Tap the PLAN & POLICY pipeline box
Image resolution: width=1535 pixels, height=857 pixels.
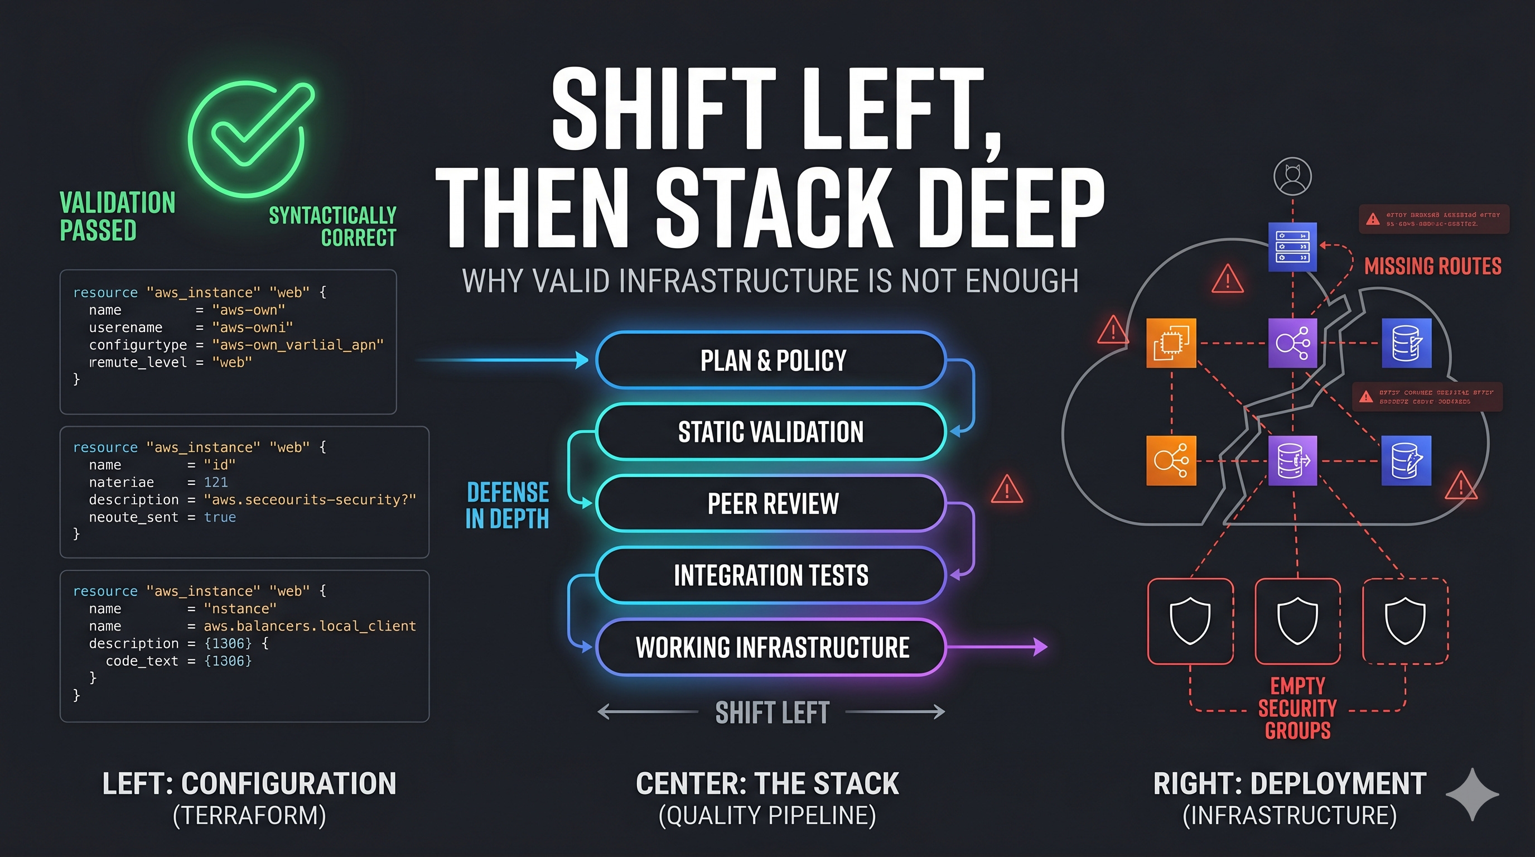pyautogui.click(x=771, y=360)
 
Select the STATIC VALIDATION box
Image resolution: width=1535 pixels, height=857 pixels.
pyautogui.click(x=771, y=432)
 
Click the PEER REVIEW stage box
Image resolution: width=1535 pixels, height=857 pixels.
pyautogui.click(x=771, y=504)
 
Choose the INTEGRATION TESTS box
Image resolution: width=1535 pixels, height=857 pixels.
pyautogui.click(x=771, y=576)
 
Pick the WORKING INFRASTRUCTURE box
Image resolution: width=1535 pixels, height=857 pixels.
pyautogui.click(x=771, y=647)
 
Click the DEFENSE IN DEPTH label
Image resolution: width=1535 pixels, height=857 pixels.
pyautogui.click(x=507, y=505)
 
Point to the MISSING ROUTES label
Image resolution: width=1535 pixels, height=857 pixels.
pyautogui.click(x=1432, y=266)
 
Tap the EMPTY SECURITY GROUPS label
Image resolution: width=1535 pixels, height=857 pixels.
pyautogui.click(x=1297, y=708)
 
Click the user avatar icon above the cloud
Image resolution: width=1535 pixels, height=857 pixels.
pyautogui.click(x=1292, y=176)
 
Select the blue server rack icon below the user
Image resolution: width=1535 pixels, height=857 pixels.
pyautogui.click(x=1292, y=247)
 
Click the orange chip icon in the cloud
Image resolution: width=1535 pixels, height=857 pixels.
pyautogui.click(x=1171, y=343)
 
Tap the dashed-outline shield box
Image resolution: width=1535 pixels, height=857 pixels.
pyautogui.click(x=1405, y=621)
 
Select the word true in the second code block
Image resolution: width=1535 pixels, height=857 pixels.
pyautogui.click(x=220, y=517)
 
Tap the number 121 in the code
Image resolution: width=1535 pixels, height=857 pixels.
pyautogui.click(x=216, y=482)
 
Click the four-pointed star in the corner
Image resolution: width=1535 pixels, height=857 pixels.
pyautogui.click(x=1472, y=795)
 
